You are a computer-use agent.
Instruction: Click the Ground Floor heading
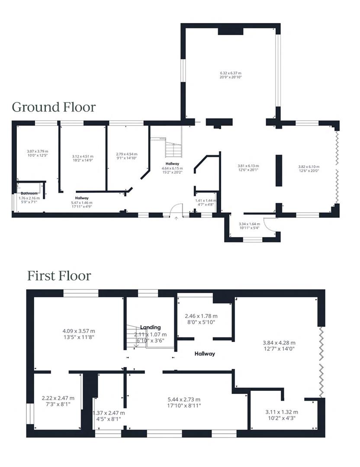(54, 107)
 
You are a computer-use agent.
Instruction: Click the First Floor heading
(59, 275)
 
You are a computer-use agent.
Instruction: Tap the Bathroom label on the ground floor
(29, 193)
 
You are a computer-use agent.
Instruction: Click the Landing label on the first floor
(151, 327)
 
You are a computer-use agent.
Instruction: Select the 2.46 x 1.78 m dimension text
(201, 316)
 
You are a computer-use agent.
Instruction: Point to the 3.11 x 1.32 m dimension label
(281, 412)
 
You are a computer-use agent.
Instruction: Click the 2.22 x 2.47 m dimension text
(58, 398)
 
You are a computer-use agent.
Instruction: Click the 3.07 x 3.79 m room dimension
(37, 151)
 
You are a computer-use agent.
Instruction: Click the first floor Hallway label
(205, 353)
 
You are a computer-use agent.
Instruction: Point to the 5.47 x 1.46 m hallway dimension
(82, 202)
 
